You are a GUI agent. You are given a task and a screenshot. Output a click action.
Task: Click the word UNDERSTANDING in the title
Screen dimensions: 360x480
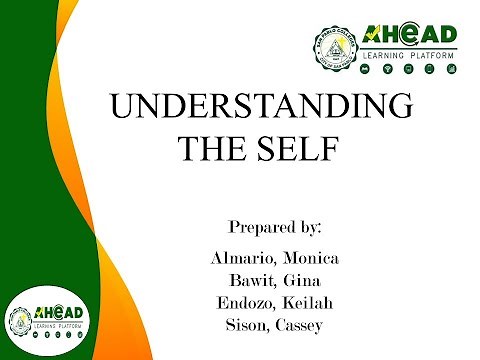point(259,107)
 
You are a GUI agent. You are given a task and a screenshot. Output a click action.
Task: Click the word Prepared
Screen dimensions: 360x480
point(263,226)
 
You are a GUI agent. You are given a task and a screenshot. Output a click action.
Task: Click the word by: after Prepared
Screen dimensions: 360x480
point(321,227)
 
